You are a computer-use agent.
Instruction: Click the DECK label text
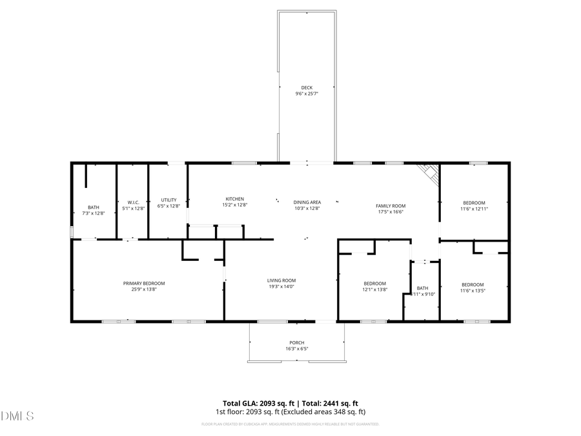point(307,88)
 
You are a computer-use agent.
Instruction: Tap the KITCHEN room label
point(234,199)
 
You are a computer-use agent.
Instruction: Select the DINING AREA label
point(307,202)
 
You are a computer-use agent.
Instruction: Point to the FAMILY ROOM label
point(391,206)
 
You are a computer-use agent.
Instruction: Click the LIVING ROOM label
point(281,280)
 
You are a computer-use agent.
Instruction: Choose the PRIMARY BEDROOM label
point(144,284)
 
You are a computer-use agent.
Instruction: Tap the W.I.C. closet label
point(134,202)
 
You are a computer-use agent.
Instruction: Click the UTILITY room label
point(168,200)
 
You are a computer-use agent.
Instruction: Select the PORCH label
point(297,342)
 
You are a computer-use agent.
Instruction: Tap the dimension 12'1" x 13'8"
point(374,289)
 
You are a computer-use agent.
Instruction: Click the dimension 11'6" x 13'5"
point(473,291)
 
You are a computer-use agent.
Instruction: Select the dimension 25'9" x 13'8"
point(144,289)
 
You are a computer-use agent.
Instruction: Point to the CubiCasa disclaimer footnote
point(290,424)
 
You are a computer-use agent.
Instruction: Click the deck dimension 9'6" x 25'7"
point(307,94)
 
